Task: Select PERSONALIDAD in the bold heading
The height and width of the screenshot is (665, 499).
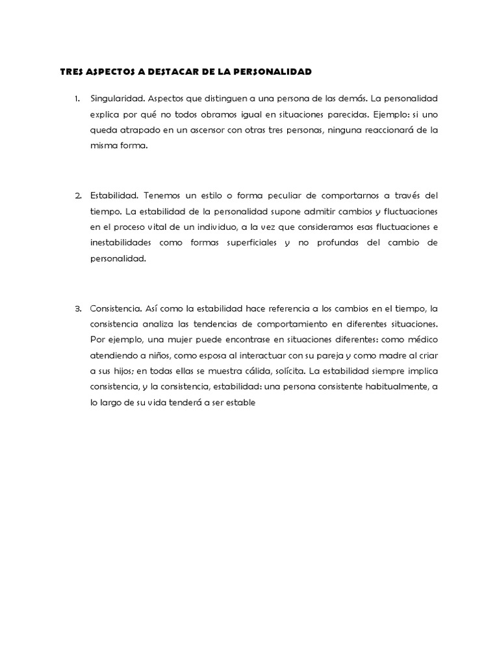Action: [274, 71]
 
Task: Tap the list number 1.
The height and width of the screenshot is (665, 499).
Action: [77, 99]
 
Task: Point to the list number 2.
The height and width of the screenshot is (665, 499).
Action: [77, 195]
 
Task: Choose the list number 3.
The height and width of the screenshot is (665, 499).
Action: [77, 307]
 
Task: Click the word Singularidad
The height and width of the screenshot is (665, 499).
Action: [117, 99]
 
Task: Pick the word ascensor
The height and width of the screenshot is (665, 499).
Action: [198, 131]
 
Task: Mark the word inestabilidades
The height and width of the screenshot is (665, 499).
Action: [125, 242]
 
